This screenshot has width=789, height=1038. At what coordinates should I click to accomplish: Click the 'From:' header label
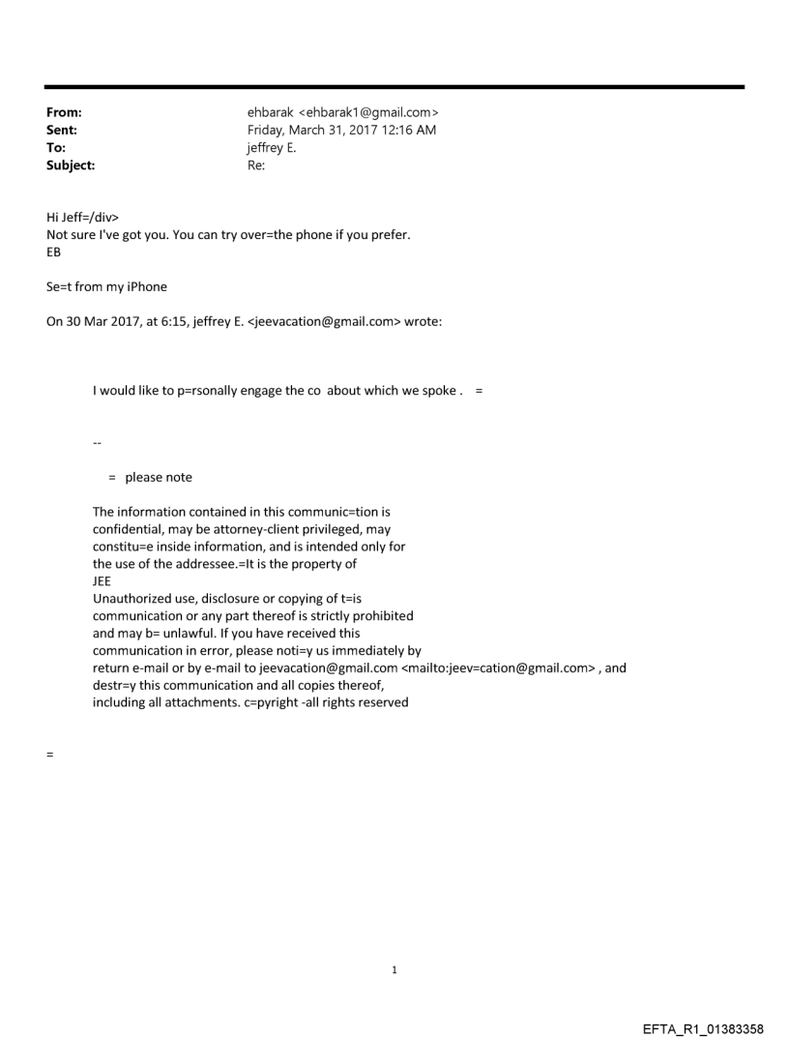click(x=64, y=112)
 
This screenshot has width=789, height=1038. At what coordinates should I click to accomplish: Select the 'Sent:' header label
click(x=62, y=130)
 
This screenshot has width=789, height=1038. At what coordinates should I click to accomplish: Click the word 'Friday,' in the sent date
click(x=268, y=130)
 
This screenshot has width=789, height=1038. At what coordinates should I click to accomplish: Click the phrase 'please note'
click(x=159, y=477)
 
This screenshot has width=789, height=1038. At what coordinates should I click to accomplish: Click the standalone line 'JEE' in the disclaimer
click(x=102, y=581)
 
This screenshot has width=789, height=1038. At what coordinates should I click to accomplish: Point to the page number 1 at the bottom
click(x=394, y=970)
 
